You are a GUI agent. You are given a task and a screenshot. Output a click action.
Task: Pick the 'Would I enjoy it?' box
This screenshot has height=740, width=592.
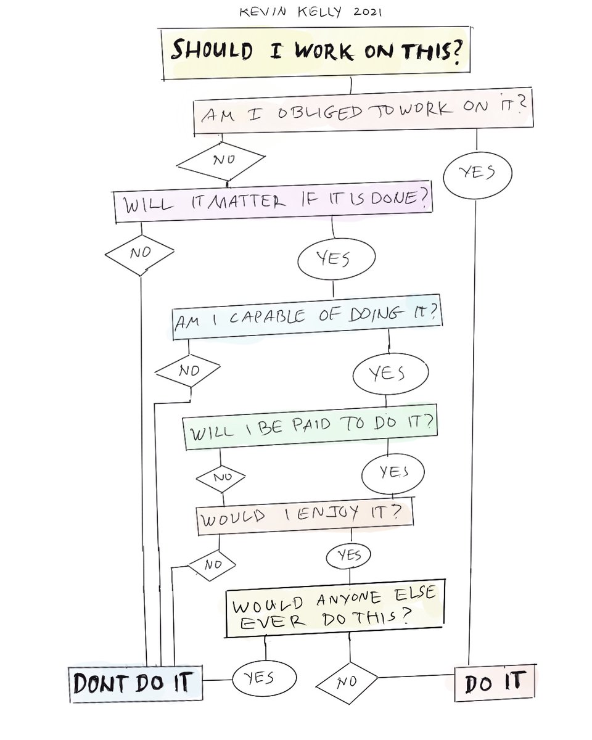pyautogui.click(x=304, y=516)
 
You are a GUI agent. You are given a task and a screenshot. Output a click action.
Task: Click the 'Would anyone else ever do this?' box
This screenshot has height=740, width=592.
pyautogui.click(x=332, y=607)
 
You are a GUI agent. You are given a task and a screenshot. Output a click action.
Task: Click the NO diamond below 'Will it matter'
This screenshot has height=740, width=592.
pyautogui.click(x=139, y=252)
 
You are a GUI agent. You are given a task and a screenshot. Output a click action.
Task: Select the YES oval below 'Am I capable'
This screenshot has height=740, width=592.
pyautogui.click(x=390, y=373)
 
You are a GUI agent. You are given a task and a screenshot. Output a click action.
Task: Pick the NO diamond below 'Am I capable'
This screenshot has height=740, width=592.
pyautogui.click(x=187, y=371)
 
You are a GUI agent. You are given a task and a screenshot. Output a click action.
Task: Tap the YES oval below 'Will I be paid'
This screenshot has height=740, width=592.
pyautogui.click(x=393, y=473)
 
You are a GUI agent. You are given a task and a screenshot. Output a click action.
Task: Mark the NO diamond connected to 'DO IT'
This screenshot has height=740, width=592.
pyautogui.click(x=347, y=683)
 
